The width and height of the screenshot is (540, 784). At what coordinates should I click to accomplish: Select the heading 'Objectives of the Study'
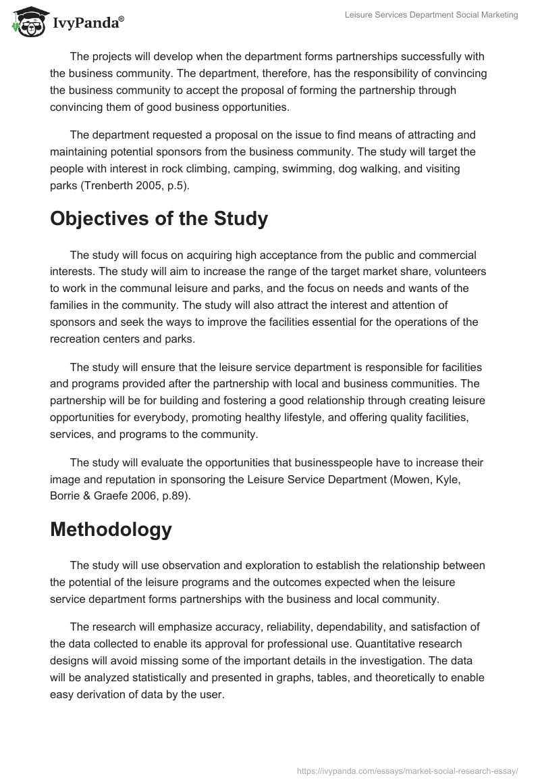click(x=159, y=219)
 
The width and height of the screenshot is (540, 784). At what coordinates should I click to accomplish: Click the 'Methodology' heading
click(x=111, y=529)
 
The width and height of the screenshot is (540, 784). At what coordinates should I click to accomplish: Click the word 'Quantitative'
click(x=381, y=643)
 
